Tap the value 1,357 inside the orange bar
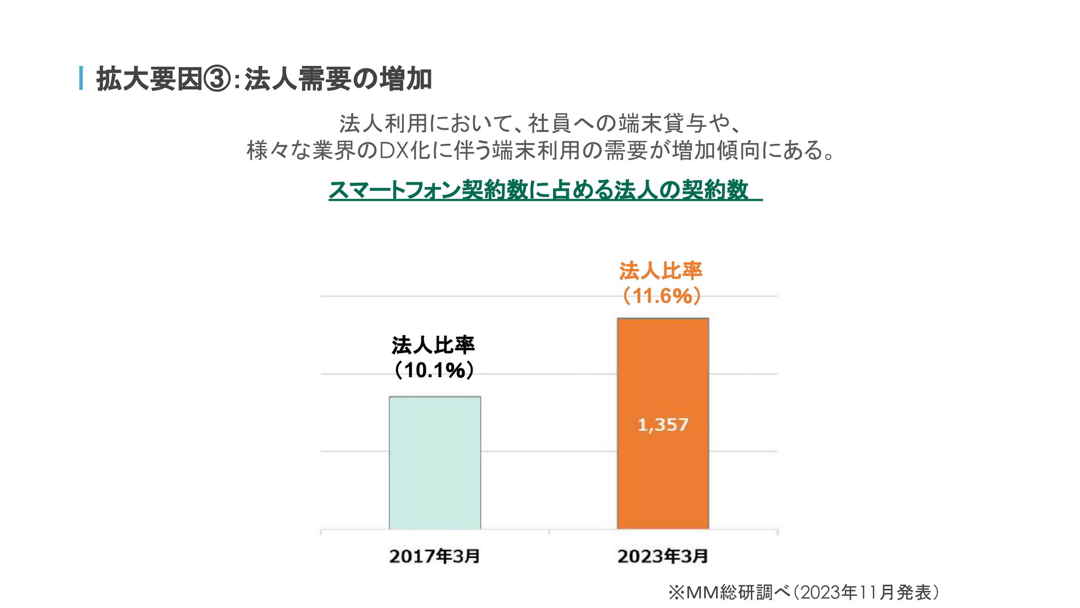tap(663, 424)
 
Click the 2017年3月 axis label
tap(434, 556)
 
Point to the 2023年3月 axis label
tap(663, 556)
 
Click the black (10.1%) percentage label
tap(433, 370)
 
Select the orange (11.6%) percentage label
tap(661, 296)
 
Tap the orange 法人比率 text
tap(661, 271)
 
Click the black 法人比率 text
tap(433, 345)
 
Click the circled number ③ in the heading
tap(217, 79)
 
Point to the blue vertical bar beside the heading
tap(82, 78)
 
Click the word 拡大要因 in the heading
tap(149, 79)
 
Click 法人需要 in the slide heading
tap(298, 79)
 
